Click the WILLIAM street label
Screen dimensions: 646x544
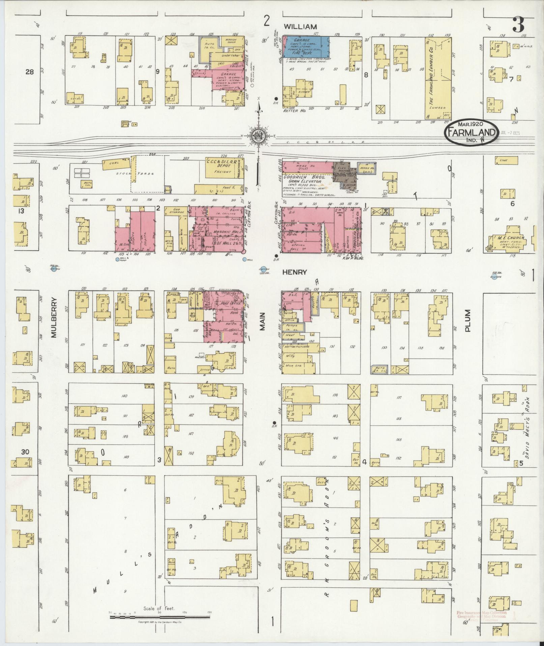pos(300,26)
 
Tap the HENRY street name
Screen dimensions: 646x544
pos(295,272)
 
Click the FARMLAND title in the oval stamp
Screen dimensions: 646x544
pos(471,132)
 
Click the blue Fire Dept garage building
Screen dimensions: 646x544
pos(306,46)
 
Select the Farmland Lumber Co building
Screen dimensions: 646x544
pos(438,78)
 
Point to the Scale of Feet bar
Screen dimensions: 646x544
pos(160,617)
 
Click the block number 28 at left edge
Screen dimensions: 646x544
pos(30,72)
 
